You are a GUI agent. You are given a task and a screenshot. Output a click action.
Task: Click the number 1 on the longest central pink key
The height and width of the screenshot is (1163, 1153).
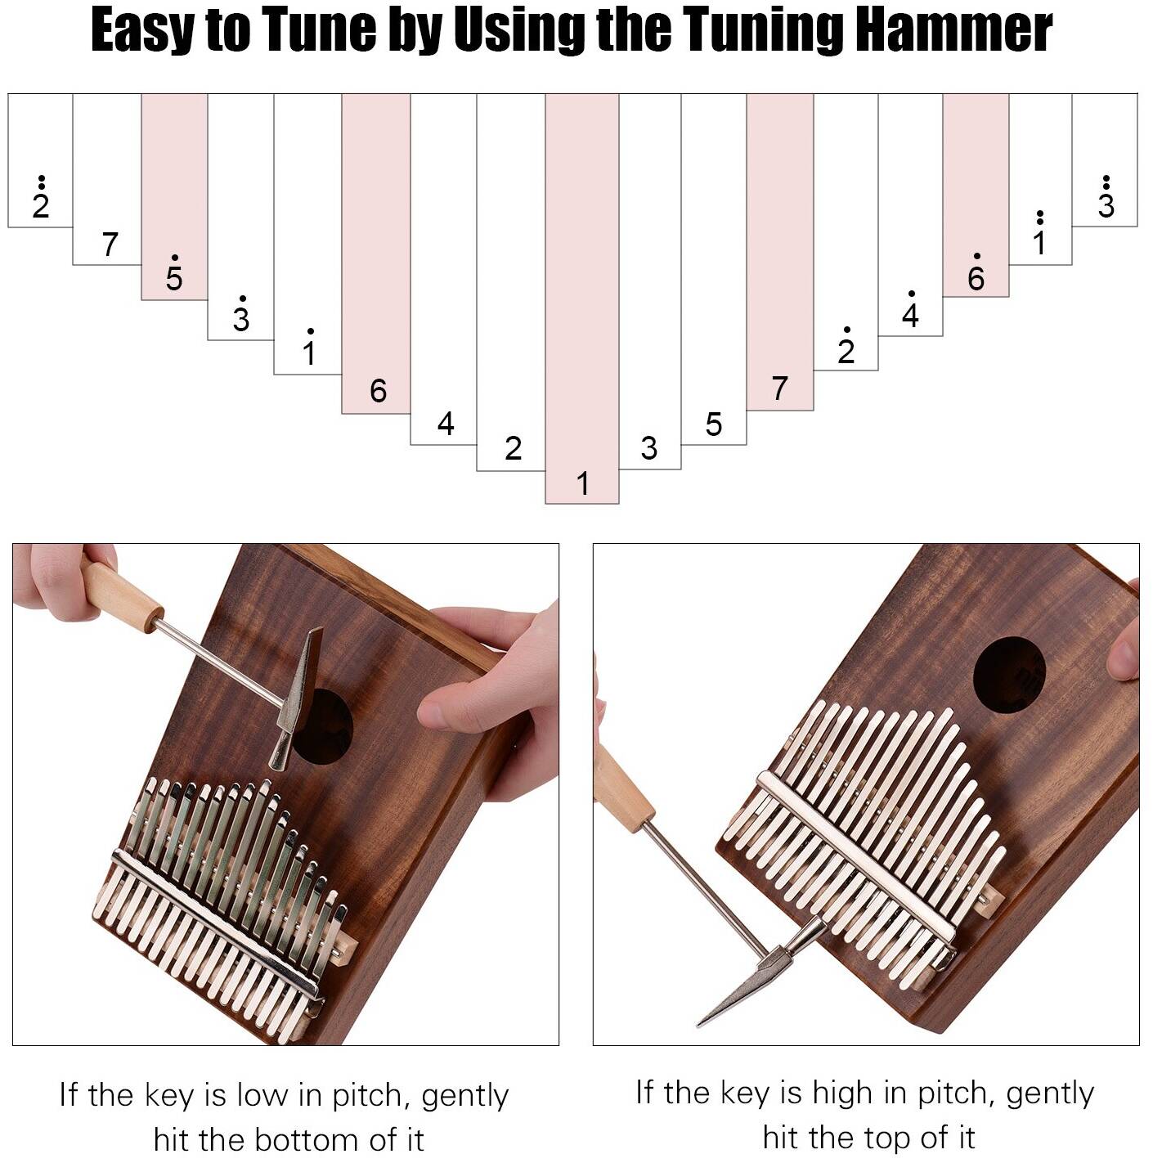tap(582, 483)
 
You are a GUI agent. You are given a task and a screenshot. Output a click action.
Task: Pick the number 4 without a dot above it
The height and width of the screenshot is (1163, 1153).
tap(446, 424)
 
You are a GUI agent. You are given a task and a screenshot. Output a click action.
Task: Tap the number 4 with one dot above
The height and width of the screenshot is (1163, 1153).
tap(910, 309)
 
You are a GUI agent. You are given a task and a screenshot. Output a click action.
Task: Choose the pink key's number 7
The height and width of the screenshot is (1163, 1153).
tap(779, 388)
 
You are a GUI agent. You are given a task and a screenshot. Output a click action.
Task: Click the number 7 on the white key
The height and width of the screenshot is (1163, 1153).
tap(110, 245)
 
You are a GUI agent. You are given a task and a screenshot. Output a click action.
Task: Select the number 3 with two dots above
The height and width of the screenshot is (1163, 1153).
tap(1106, 197)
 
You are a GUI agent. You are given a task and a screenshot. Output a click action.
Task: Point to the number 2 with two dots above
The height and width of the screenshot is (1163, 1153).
tap(40, 197)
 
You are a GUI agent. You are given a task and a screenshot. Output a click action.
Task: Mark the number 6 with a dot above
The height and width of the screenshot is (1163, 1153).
tap(976, 273)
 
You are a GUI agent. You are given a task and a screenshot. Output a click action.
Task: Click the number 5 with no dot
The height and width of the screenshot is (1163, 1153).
tap(714, 424)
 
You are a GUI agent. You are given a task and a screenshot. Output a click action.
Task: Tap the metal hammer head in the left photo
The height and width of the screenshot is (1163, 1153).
tap(296, 698)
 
